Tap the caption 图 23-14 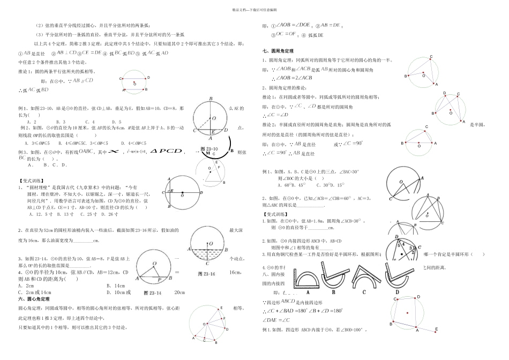[x=153, y=292]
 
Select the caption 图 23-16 [x=206, y=273]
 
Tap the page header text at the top [x=254, y=9]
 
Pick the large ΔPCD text [x=166, y=152]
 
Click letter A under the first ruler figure [x=308, y=293]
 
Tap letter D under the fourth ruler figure [x=396, y=292]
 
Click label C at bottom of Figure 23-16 [x=206, y=264]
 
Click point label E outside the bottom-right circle [x=437, y=329]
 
